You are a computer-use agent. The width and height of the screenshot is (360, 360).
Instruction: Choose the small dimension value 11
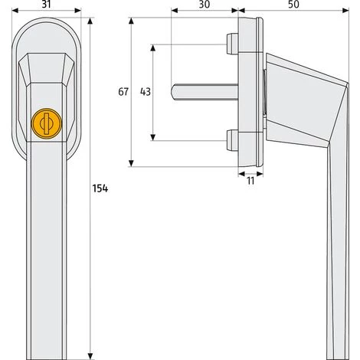point(249,181)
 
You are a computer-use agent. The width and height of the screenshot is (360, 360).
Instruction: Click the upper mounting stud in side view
point(231,43)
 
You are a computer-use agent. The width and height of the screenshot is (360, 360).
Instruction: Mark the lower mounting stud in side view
point(231,140)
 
